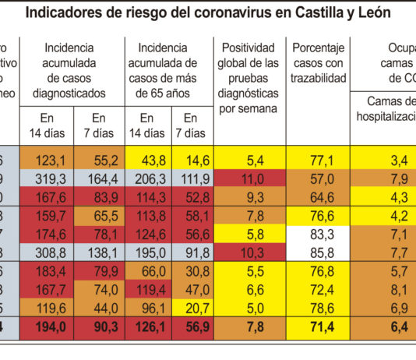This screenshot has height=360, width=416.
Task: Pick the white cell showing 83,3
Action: [x=319, y=234]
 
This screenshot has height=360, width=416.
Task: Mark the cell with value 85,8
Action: [x=319, y=252]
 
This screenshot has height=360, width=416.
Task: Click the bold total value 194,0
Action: [x=49, y=327]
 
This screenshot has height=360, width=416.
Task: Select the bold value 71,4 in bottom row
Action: [x=319, y=327]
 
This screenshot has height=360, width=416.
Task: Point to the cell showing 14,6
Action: [x=196, y=160]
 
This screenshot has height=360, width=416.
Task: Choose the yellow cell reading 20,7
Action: [x=196, y=309]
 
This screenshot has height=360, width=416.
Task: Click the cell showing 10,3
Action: [x=249, y=252]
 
